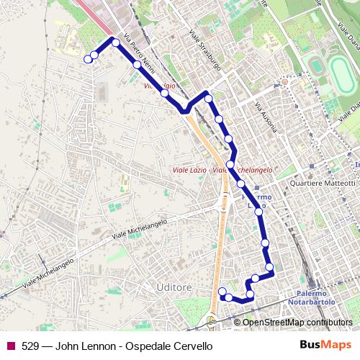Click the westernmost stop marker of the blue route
pos(89,59)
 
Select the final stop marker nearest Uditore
pos(222,291)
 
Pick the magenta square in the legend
pos(10,346)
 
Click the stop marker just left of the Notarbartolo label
pos(270,268)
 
